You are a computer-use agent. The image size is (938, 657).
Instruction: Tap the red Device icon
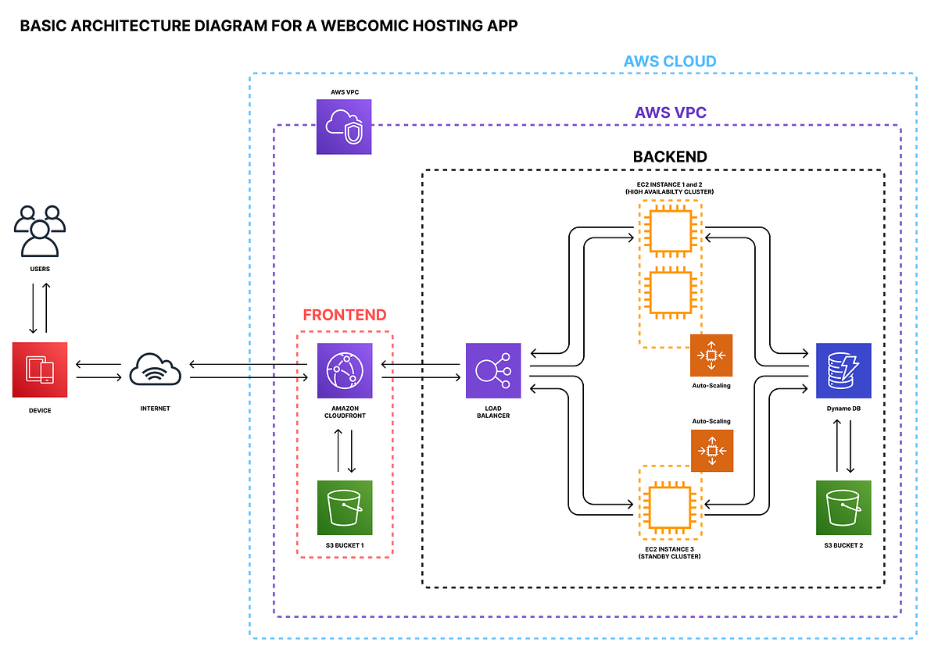[40, 370]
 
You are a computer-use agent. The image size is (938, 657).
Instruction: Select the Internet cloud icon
[156, 370]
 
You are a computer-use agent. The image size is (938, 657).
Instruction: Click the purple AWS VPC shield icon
[344, 127]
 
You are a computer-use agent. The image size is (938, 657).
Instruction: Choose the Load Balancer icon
[492, 370]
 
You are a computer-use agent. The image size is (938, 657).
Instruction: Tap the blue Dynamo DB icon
[843, 370]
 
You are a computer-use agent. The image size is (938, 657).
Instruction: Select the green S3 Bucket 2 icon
[843, 507]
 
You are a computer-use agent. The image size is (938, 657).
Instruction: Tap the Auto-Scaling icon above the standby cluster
[711, 451]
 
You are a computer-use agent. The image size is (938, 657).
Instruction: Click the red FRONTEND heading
[344, 316]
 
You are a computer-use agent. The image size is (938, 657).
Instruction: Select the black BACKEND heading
[670, 157]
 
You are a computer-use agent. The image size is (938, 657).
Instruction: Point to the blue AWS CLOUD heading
[670, 61]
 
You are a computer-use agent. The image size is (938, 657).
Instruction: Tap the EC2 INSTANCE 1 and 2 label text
[670, 184]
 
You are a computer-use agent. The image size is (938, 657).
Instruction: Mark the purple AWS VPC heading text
[670, 112]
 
